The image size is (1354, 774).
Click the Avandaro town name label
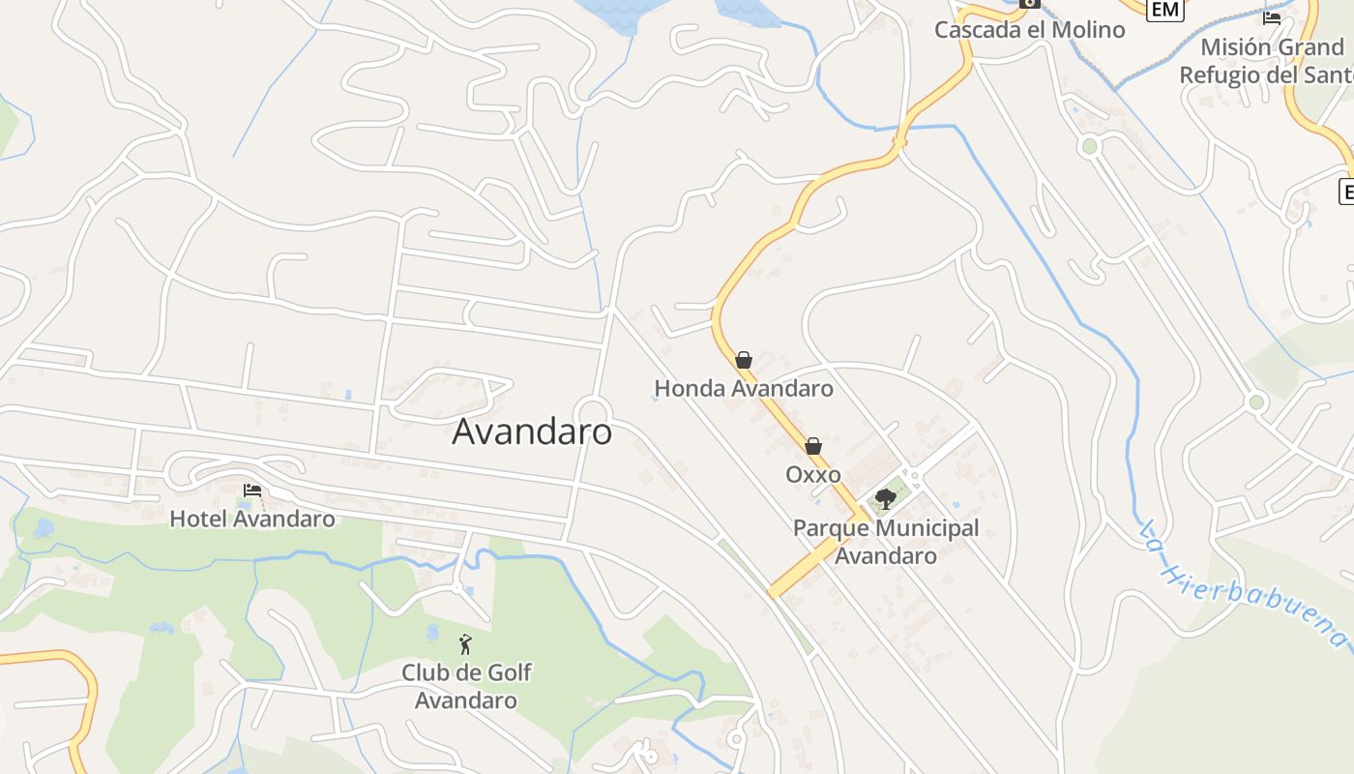tap(532, 432)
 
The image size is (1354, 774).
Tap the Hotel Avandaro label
tap(252, 519)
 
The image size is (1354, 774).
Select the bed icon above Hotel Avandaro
tap(252, 491)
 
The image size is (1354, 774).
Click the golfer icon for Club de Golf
tap(465, 644)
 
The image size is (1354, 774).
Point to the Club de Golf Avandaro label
tap(466, 686)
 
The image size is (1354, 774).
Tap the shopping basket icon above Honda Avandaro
tap(744, 360)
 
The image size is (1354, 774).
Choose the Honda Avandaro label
tap(744, 389)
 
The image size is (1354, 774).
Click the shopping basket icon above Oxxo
tap(813, 446)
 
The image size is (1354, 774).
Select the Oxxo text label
tap(813, 474)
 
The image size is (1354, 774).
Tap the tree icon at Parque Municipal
tap(885, 499)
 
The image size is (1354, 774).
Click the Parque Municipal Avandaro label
tap(886, 542)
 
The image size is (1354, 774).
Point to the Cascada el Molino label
tap(1029, 29)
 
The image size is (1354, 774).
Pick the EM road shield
tap(1164, 9)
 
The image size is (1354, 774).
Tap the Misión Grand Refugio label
tap(1267, 60)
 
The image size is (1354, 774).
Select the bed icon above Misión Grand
tap(1272, 17)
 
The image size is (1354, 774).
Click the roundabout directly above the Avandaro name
tap(591, 410)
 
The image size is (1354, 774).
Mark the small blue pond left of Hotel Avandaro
tap(44, 528)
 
